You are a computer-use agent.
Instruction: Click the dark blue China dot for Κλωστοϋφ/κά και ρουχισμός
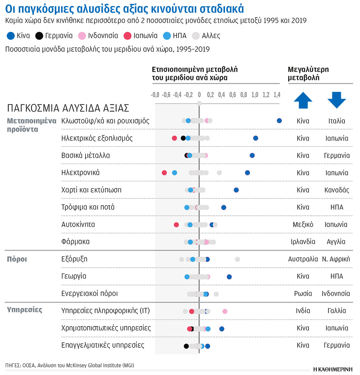click(x=279, y=121)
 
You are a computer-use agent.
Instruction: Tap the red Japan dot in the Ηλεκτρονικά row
click(x=164, y=173)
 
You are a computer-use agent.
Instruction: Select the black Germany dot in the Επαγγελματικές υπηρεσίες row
click(x=186, y=346)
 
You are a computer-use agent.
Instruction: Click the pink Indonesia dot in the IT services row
click(x=225, y=311)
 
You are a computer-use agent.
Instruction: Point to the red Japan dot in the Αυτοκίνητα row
click(x=176, y=224)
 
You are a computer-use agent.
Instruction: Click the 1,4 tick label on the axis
click(x=277, y=95)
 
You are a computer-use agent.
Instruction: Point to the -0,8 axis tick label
click(x=155, y=95)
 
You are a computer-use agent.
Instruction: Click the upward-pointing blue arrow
click(x=303, y=100)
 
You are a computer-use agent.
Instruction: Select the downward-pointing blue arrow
click(x=336, y=100)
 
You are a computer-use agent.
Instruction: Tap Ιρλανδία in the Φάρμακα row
click(x=303, y=242)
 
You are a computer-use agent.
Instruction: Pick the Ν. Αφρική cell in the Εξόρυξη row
click(x=336, y=259)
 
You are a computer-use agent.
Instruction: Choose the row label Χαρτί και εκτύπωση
click(x=91, y=190)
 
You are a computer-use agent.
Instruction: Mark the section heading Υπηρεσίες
click(x=25, y=310)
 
